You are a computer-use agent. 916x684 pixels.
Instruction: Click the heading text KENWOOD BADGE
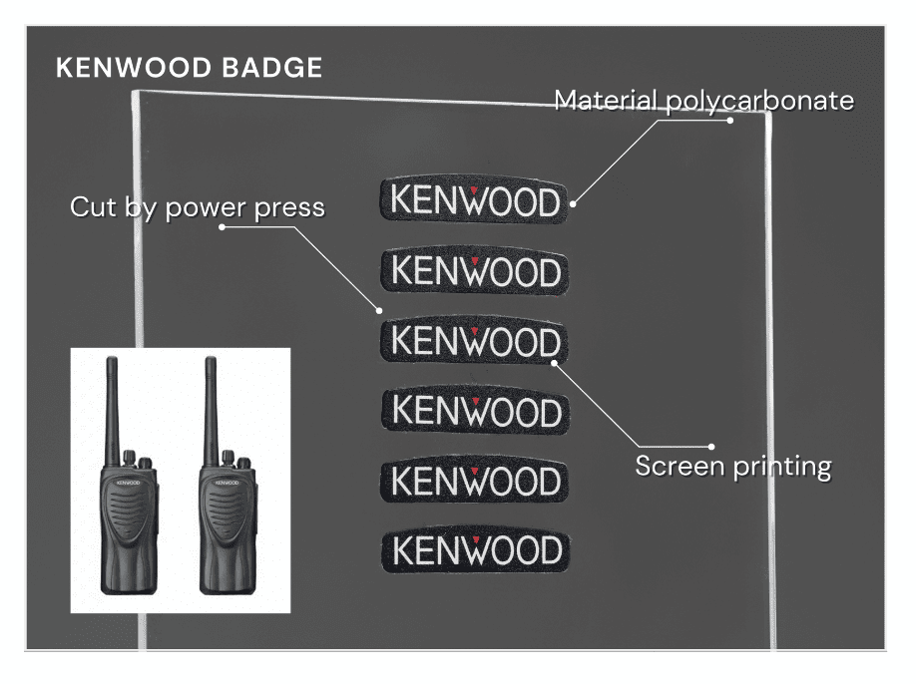click(189, 68)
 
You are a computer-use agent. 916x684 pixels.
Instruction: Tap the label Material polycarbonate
click(703, 101)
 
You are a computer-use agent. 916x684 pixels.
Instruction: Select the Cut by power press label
click(197, 207)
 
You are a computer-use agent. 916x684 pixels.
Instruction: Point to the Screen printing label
click(732, 466)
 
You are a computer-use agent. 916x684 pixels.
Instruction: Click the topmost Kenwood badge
click(474, 200)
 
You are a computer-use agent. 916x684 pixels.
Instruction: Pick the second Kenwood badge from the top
click(474, 270)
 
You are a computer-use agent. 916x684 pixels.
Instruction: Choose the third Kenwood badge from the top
click(474, 341)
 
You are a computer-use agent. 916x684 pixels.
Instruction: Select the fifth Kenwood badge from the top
click(474, 481)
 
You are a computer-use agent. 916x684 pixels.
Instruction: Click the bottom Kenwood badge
click(474, 549)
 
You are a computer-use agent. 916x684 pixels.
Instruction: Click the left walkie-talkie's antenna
click(112, 404)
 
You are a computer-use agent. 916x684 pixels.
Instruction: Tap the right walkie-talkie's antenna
click(211, 404)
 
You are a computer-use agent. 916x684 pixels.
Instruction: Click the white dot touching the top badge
click(574, 203)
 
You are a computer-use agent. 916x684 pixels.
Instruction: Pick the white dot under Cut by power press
click(222, 226)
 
